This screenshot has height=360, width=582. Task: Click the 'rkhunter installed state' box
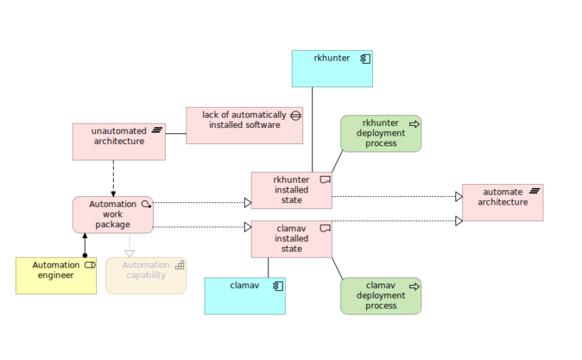point(291,190)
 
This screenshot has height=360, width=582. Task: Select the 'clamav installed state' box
point(291,239)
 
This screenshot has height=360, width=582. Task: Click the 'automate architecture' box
point(502,202)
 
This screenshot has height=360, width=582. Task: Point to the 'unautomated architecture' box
point(118,142)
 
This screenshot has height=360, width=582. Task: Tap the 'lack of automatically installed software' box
point(244,125)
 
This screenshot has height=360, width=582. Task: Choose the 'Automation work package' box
point(113,214)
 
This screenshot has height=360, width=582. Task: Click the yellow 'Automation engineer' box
point(56,276)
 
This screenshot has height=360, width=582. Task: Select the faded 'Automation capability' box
point(145,276)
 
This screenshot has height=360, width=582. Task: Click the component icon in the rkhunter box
point(365,58)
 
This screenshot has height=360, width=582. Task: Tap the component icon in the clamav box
point(278,286)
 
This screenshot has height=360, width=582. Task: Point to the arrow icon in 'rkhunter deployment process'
point(415,123)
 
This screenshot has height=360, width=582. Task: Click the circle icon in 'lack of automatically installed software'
point(296,115)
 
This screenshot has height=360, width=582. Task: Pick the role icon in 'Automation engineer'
point(89,265)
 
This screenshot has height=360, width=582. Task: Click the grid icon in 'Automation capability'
point(180,265)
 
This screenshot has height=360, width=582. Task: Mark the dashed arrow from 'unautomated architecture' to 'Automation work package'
point(113,178)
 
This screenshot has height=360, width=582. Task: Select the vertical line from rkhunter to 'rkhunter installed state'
point(312,129)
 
